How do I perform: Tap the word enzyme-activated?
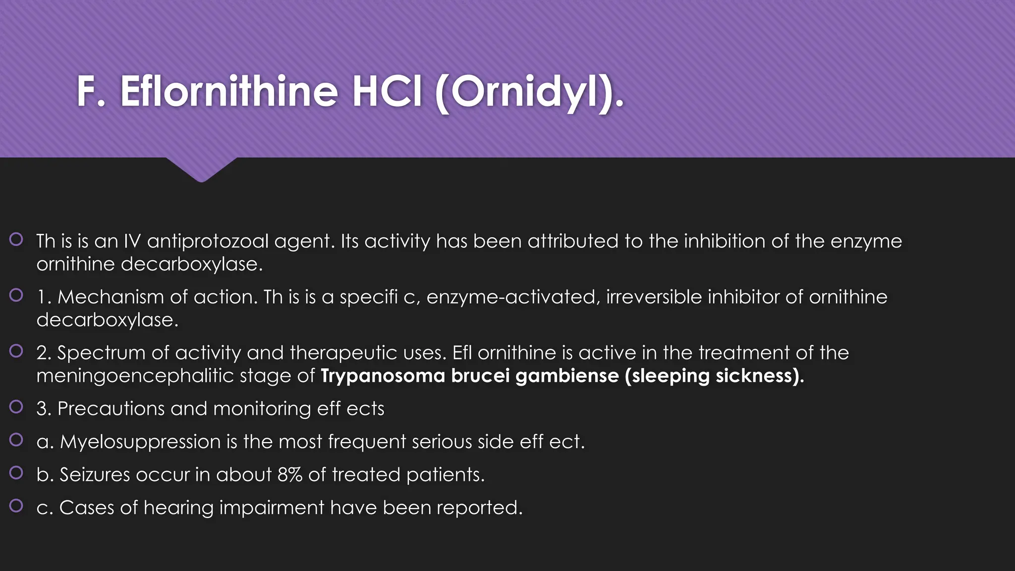(x=513, y=297)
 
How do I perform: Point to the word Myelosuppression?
(x=140, y=442)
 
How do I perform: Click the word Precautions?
(x=111, y=409)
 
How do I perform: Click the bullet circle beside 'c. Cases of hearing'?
(x=16, y=506)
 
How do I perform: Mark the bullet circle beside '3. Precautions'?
(x=16, y=407)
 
